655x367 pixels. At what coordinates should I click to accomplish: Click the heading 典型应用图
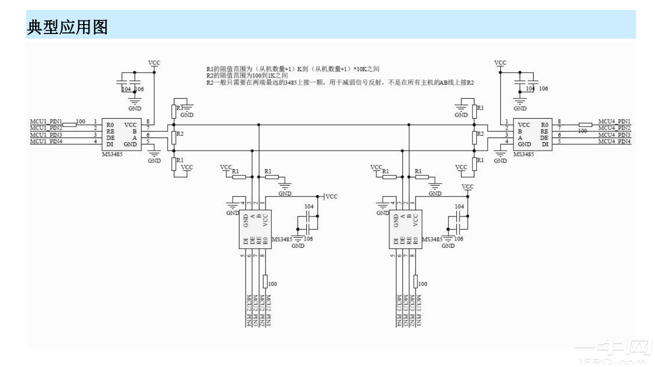(67, 28)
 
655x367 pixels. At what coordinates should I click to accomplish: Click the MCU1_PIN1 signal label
(46, 122)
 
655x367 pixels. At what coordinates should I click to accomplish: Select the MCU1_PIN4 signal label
(46, 141)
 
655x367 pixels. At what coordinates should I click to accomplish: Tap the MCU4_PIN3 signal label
(614, 135)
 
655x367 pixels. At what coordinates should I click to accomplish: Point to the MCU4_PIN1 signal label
(614, 121)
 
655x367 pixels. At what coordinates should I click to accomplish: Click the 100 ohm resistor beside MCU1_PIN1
(70, 124)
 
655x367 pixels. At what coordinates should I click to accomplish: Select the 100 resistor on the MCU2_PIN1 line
(266, 281)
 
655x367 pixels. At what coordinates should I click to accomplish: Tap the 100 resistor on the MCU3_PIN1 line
(416, 281)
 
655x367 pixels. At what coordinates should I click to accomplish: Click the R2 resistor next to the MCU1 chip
(173, 137)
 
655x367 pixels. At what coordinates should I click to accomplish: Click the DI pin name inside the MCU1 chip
(110, 144)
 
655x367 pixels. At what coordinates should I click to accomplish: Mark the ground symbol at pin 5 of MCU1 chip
(154, 154)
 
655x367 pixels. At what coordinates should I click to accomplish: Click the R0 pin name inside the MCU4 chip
(545, 125)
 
